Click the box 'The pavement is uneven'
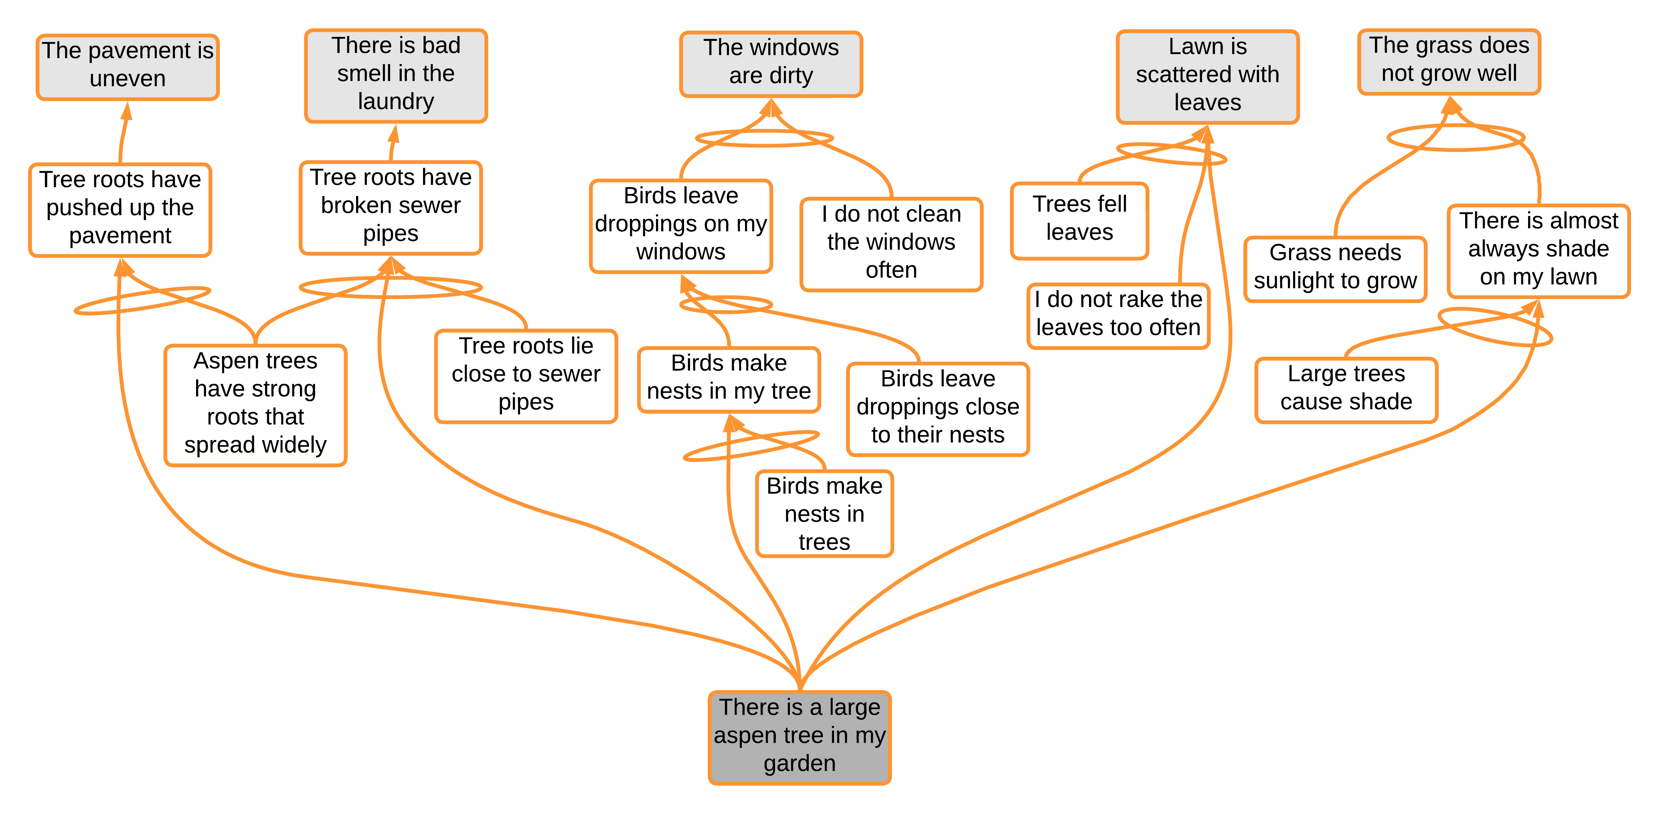pos(128,67)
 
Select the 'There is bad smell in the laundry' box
pos(396,75)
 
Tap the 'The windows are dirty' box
pos(771,63)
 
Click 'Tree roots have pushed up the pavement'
pos(121,209)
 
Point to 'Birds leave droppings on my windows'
pos(680,225)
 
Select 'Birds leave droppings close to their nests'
pos(937,408)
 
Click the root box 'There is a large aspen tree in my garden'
pos(799,736)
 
